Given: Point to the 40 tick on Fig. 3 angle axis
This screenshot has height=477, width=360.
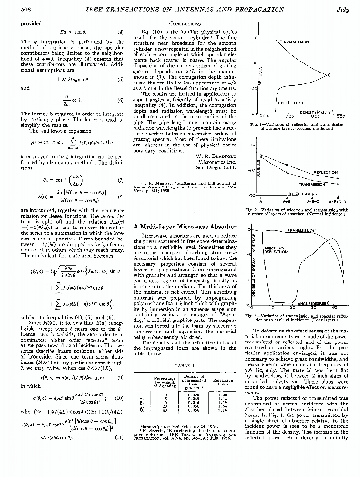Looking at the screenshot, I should tap(334, 308).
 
